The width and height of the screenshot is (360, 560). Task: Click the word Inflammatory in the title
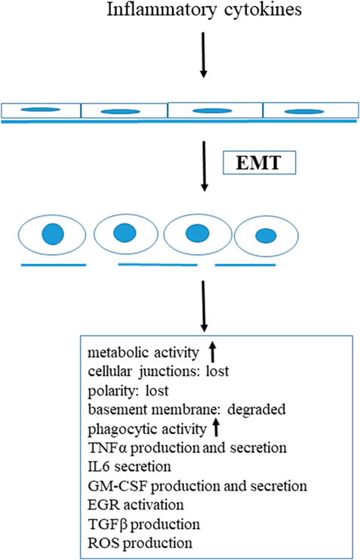click(x=162, y=10)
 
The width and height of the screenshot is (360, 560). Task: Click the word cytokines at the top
click(x=263, y=9)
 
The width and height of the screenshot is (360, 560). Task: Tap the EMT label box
click(x=260, y=163)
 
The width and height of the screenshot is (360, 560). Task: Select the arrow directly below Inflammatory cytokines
click(x=203, y=55)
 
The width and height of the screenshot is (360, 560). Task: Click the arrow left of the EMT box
click(x=204, y=167)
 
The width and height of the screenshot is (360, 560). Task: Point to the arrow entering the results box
click(x=204, y=306)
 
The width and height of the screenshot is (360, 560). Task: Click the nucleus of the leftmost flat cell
click(x=40, y=109)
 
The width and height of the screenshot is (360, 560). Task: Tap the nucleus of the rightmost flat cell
click(x=304, y=112)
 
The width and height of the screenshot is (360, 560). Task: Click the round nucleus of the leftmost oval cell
click(x=53, y=234)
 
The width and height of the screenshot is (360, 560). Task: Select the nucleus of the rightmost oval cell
click(x=266, y=235)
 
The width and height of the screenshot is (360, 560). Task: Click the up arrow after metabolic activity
click(x=212, y=352)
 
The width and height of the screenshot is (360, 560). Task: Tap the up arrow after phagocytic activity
click(x=215, y=427)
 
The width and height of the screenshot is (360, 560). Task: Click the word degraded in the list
click(x=257, y=410)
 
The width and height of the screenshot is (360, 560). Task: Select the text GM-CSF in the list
click(x=118, y=486)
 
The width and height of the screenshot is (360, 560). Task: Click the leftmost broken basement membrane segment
click(x=54, y=265)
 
